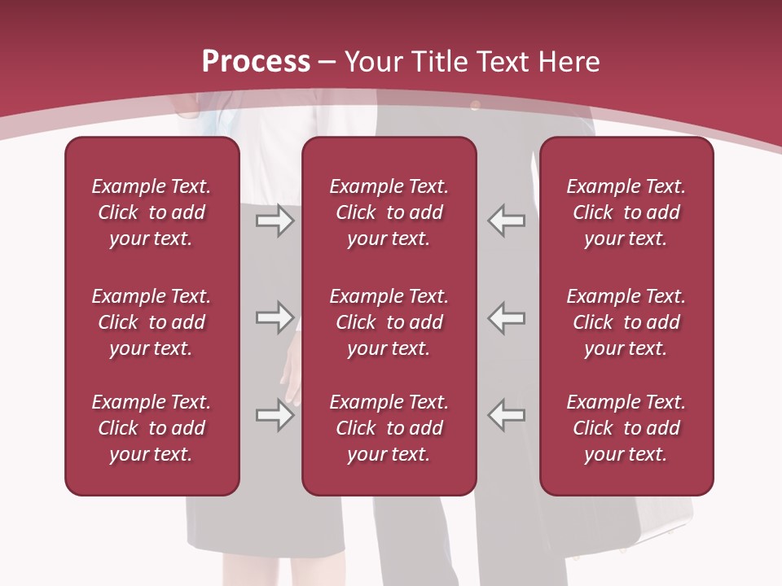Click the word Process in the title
tap(256, 62)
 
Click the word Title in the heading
tap(438, 62)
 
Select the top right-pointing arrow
tap(275, 220)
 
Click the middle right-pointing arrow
tap(275, 317)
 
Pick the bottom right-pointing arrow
tap(275, 415)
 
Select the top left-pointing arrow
tap(507, 220)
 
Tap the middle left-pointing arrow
tap(507, 317)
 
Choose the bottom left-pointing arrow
tap(507, 415)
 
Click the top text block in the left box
tap(152, 212)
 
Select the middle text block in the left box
tap(152, 322)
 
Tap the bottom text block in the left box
tap(152, 428)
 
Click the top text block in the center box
tap(389, 212)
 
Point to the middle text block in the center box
tap(389, 322)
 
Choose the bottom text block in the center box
tap(389, 428)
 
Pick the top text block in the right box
tap(626, 212)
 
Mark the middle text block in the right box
tap(626, 322)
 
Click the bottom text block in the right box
tap(626, 428)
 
